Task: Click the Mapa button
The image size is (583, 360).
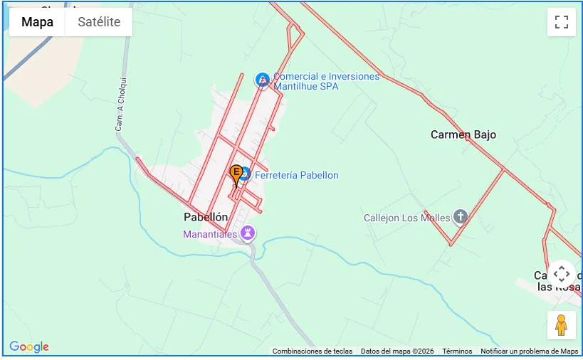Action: pos(37,22)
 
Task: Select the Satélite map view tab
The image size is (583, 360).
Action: pos(98,22)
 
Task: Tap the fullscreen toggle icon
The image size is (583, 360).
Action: pos(561,22)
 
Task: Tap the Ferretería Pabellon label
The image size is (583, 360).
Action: pos(296,175)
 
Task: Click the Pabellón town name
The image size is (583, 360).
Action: pos(206,217)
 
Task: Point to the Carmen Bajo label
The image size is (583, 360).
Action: pos(463,134)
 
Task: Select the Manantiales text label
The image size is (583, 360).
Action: pos(210,233)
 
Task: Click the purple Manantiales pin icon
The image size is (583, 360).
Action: pos(248,233)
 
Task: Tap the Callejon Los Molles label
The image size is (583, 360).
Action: pos(407,218)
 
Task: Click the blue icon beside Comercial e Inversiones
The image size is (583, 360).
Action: pos(262,80)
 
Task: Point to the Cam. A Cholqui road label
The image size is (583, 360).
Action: pos(120,107)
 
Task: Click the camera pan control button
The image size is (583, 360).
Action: pos(561,274)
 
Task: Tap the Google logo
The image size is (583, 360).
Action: pos(29,347)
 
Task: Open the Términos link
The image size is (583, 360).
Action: pos(457,351)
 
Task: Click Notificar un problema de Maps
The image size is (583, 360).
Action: pos(529,351)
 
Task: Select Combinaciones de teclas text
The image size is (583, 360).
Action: pos(312,351)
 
